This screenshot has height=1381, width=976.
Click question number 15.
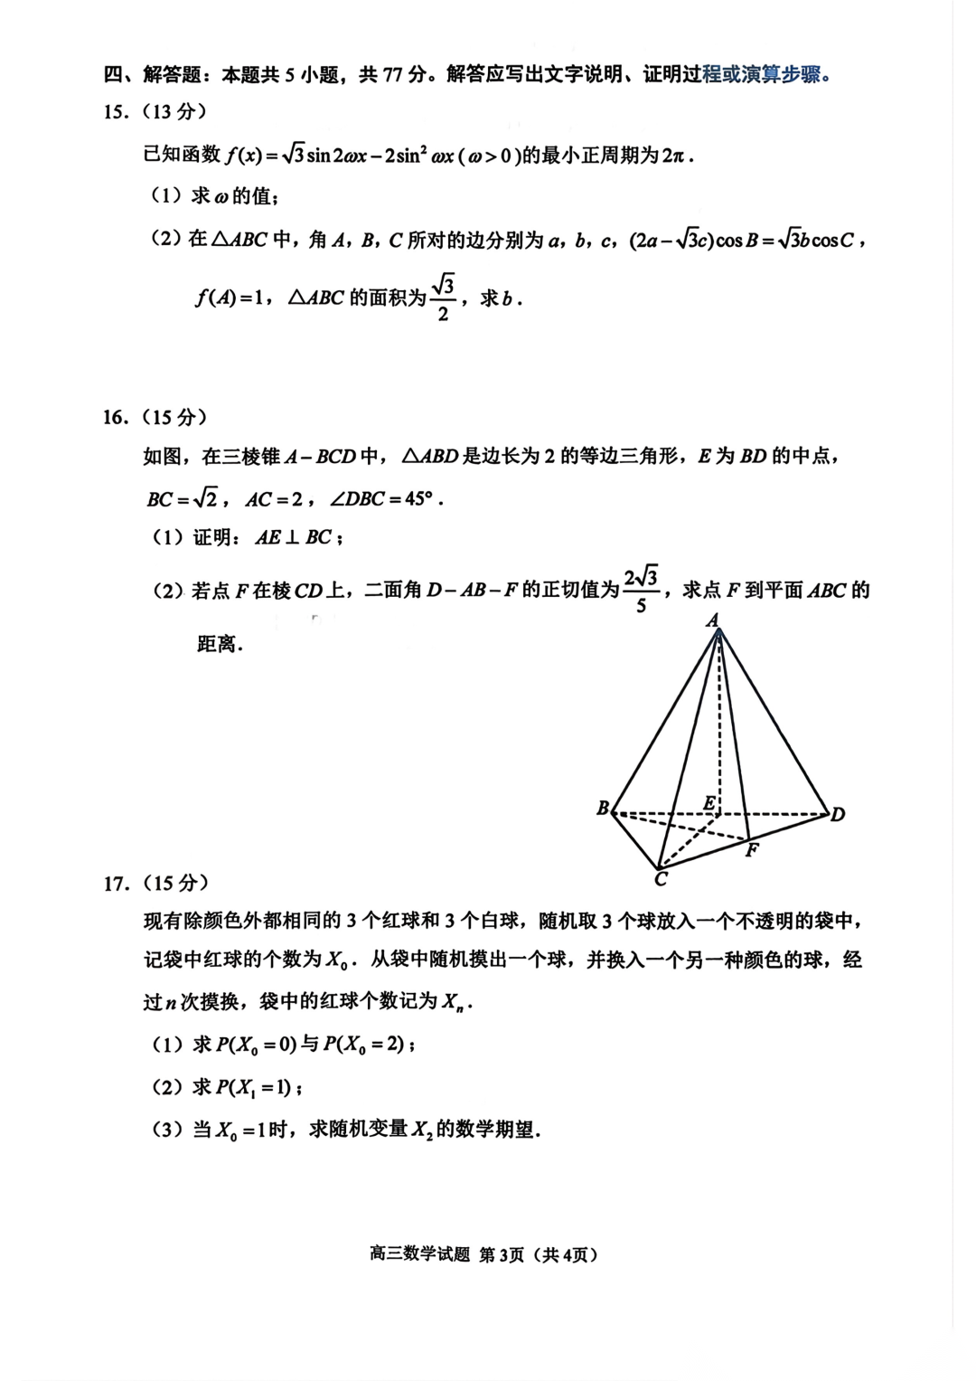tap(116, 112)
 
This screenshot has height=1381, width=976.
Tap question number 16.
tap(116, 417)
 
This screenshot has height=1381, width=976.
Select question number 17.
tap(116, 883)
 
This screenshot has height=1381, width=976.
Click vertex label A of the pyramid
tap(712, 620)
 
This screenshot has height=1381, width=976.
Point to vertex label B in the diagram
tap(603, 809)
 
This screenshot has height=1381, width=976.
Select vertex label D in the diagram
tap(838, 815)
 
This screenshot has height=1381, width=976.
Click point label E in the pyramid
tap(709, 803)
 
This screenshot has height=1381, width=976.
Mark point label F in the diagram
tap(751, 850)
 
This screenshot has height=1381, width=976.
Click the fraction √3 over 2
tap(442, 298)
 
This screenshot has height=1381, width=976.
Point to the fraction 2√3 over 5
tap(641, 590)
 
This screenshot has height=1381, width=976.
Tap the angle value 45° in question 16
tap(417, 498)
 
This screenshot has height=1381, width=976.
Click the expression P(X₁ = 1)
tap(254, 1087)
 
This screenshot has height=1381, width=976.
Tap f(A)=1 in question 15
tap(227, 298)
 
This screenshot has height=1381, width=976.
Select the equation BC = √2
tap(183, 498)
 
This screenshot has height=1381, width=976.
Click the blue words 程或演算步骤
tap(766, 74)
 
